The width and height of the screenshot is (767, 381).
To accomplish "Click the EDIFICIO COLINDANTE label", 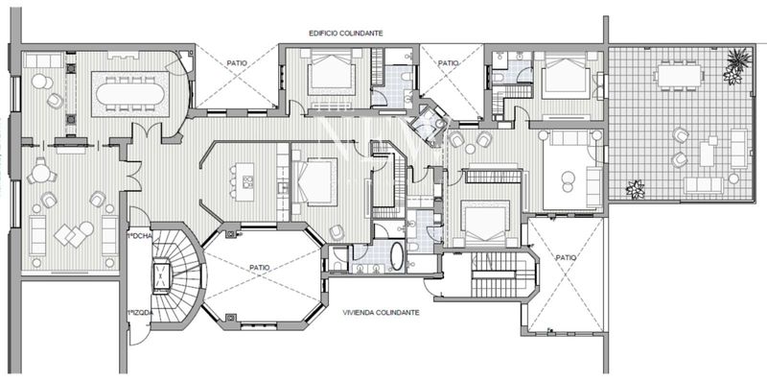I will tap(346, 33).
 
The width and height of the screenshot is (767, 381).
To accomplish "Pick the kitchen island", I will tap(240, 179).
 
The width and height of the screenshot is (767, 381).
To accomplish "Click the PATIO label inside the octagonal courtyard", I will tap(259, 268).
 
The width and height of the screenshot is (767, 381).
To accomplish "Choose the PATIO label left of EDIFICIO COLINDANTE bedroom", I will tap(238, 63).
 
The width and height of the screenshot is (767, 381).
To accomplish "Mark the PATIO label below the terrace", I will tap(567, 257).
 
